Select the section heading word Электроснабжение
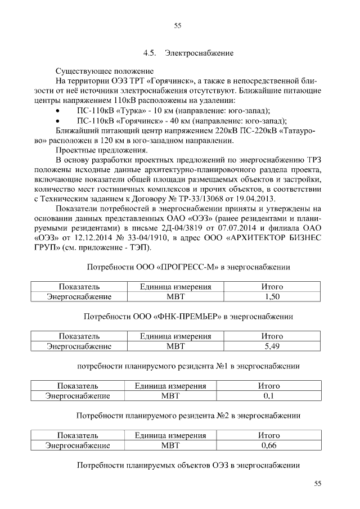click(x=199, y=54)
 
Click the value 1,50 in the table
click(x=272, y=296)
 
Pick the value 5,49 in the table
click(x=272, y=346)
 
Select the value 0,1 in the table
click(x=268, y=396)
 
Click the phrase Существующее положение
click(x=104, y=71)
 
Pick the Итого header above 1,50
click(x=272, y=286)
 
